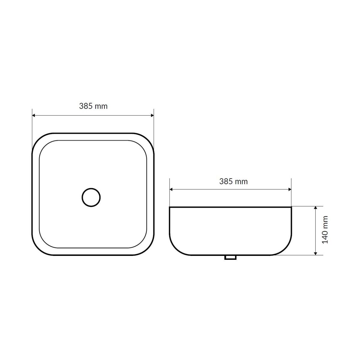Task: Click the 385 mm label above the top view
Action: [93, 106]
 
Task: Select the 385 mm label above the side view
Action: [233, 181]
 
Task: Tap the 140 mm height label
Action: [325, 230]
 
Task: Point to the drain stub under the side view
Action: [230, 257]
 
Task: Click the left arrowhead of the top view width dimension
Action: [34, 115]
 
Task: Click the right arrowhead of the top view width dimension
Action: [152, 115]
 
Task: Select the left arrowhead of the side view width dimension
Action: [171, 189]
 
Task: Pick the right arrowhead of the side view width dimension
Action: [289, 189]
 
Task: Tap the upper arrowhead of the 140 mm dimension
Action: [316, 208]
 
